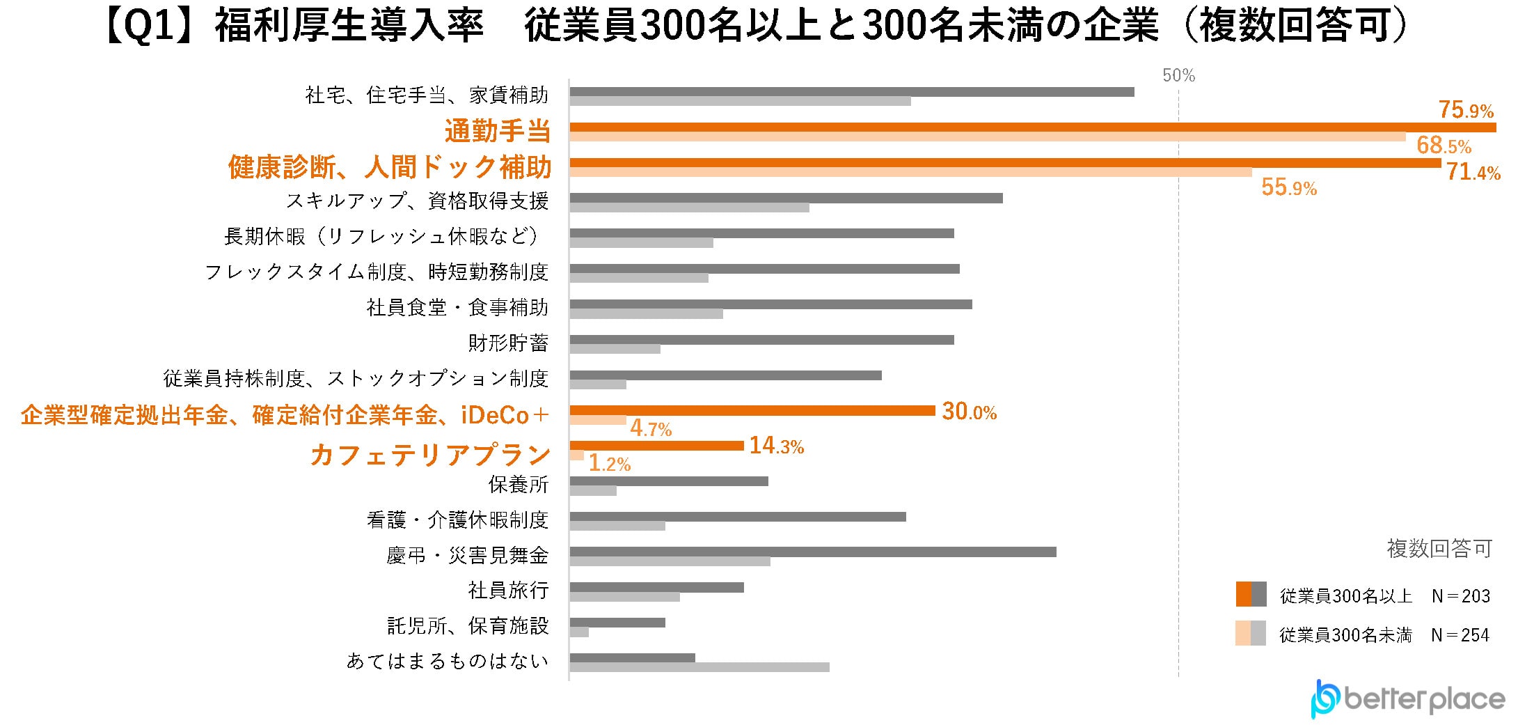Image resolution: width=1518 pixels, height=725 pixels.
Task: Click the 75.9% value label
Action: point(1466,110)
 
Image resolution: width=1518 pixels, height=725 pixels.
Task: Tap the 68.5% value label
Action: point(1444,146)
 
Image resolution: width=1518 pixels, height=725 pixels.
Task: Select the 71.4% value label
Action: point(1473,172)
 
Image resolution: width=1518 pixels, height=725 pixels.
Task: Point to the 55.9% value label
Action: point(1289,187)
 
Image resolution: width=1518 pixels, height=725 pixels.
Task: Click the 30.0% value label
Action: point(969,412)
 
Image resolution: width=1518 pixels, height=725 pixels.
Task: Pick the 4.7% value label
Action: point(651,429)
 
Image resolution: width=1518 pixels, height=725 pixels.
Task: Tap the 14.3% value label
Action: point(776,446)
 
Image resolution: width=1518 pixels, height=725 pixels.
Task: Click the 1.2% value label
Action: point(610,464)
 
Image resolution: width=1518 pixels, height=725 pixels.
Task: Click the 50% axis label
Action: point(1178,75)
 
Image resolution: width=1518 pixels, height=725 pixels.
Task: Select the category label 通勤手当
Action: point(498,131)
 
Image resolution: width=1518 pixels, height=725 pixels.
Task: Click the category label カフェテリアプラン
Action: point(430,455)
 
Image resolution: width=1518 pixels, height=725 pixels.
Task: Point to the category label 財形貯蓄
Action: point(508,343)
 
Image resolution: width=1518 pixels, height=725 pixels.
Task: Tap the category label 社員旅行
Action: point(508,591)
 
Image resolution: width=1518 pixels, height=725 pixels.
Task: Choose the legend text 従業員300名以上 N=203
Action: point(1384,596)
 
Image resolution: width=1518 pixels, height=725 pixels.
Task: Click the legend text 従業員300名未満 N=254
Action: point(1384,635)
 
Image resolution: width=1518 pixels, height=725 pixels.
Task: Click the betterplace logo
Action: point(1407,699)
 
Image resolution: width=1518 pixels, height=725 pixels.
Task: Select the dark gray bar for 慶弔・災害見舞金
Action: point(812,552)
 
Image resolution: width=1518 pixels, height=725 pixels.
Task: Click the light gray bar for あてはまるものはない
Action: point(699,667)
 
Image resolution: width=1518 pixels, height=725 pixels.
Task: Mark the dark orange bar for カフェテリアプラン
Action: point(656,446)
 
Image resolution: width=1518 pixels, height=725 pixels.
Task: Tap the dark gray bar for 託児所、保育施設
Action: point(617,623)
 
